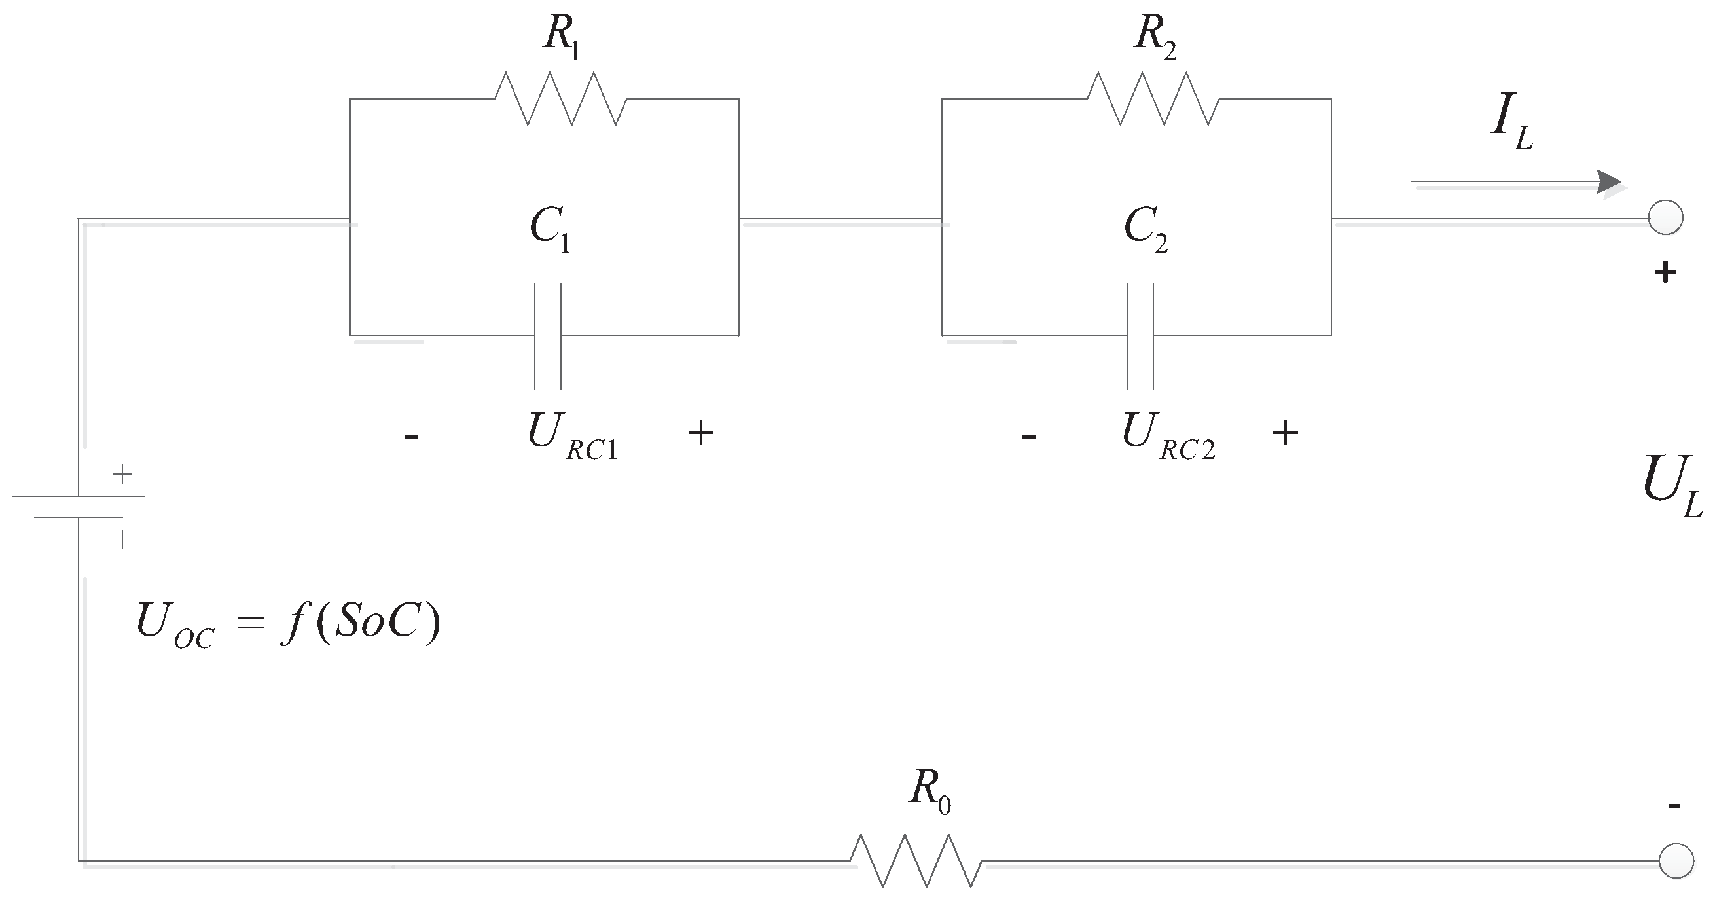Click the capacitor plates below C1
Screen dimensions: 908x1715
click(547, 336)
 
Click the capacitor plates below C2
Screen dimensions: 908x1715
click(1140, 336)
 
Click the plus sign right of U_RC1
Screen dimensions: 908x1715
click(700, 433)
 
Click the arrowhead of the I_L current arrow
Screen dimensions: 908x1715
click(1610, 182)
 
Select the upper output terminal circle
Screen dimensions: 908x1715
click(1666, 218)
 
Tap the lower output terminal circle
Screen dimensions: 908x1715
click(1676, 861)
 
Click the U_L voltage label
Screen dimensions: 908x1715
click(1671, 486)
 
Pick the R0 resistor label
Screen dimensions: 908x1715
click(930, 791)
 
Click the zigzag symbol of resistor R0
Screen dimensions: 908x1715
click(915, 862)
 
